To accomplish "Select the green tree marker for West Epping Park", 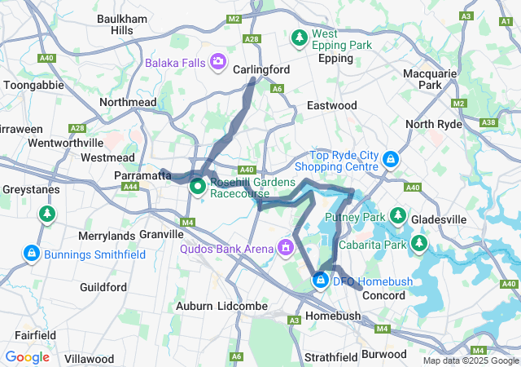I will [300, 38].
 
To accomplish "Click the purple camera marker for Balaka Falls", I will [218, 61].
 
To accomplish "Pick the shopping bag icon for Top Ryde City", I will [391, 158].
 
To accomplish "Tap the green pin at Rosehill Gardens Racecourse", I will [198, 187].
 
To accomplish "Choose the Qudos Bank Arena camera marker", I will [285, 245].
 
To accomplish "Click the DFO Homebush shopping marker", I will [320, 281].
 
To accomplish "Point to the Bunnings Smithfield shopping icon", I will [31, 254].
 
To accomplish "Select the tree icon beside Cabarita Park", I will [419, 243].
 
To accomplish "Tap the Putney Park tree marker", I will [397, 216].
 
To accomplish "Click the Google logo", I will [27, 357].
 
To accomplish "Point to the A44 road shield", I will [129, 187].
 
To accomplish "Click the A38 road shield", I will [488, 122].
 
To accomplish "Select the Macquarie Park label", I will [430, 79].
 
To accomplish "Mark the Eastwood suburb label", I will [332, 106].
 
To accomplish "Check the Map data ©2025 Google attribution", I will [471, 360].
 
